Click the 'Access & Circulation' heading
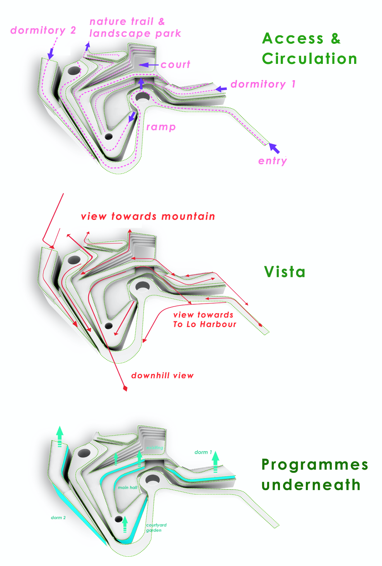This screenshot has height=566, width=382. click(309, 49)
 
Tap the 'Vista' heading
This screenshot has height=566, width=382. click(285, 272)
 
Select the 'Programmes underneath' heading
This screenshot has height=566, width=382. click(314, 475)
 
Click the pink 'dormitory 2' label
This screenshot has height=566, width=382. click(43, 30)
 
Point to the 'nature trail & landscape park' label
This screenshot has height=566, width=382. click(135, 27)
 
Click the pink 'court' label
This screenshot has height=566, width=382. click(176, 65)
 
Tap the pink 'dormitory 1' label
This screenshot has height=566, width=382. click(263, 84)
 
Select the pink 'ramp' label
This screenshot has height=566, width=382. click(161, 127)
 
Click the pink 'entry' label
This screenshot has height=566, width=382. click(273, 161)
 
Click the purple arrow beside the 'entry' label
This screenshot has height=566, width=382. click(274, 148)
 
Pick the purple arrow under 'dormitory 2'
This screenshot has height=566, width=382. click(51, 53)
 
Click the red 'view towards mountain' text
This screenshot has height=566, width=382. click(148, 216)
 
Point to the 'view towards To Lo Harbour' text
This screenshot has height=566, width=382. click(204, 320)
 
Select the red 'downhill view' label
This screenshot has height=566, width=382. click(162, 376)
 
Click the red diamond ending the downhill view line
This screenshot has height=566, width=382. click(125, 388)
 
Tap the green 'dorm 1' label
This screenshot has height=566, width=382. click(203, 452)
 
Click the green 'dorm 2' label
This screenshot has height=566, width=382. click(58, 518)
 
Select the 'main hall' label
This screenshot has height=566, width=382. click(128, 488)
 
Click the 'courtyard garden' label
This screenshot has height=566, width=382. click(156, 528)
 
